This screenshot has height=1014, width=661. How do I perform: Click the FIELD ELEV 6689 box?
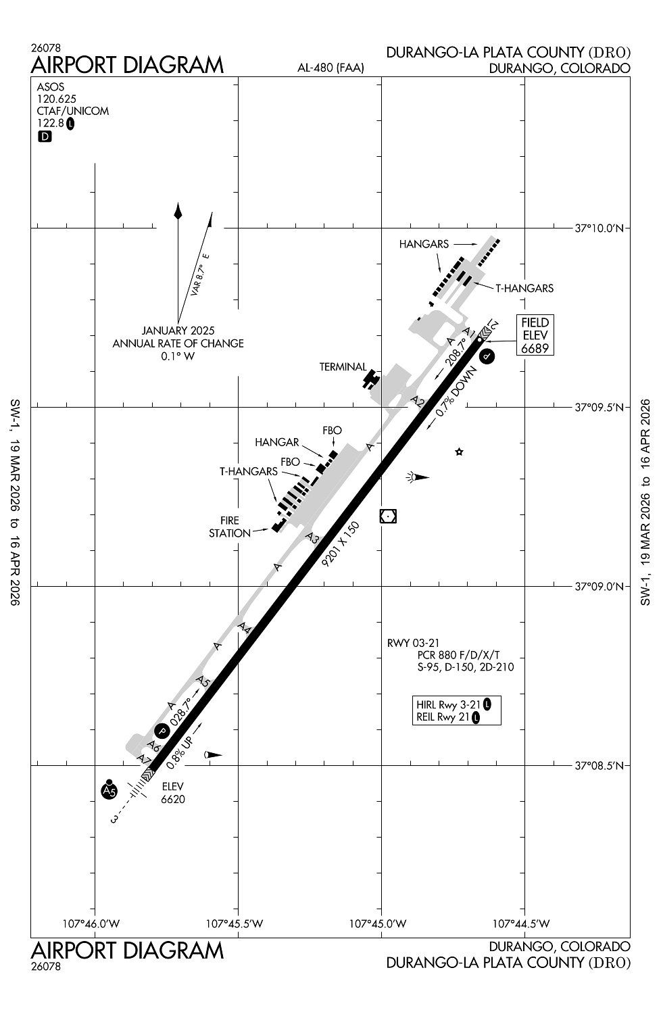[535, 335]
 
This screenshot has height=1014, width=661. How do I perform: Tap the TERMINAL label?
[343, 367]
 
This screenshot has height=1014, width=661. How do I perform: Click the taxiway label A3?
[312, 538]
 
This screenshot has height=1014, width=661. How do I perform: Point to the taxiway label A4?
[245, 628]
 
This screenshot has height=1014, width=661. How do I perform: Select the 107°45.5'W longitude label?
[239, 923]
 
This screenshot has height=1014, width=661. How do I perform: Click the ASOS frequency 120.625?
[57, 99]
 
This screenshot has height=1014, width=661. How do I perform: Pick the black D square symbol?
[45, 137]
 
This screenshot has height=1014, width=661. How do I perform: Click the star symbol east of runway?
[460, 452]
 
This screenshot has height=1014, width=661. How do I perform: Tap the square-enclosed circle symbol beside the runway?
[388, 516]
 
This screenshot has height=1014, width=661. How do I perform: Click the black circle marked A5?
[109, 790]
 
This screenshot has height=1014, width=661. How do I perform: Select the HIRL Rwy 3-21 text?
[449, 704]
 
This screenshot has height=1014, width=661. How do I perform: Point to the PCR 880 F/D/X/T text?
[458, 655]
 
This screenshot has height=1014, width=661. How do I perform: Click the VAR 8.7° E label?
[200, 275]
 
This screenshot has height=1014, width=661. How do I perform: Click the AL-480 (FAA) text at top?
[330, 68]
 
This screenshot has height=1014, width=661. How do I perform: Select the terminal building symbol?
[370, 378]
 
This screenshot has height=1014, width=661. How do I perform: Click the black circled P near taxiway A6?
[162, 731]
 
